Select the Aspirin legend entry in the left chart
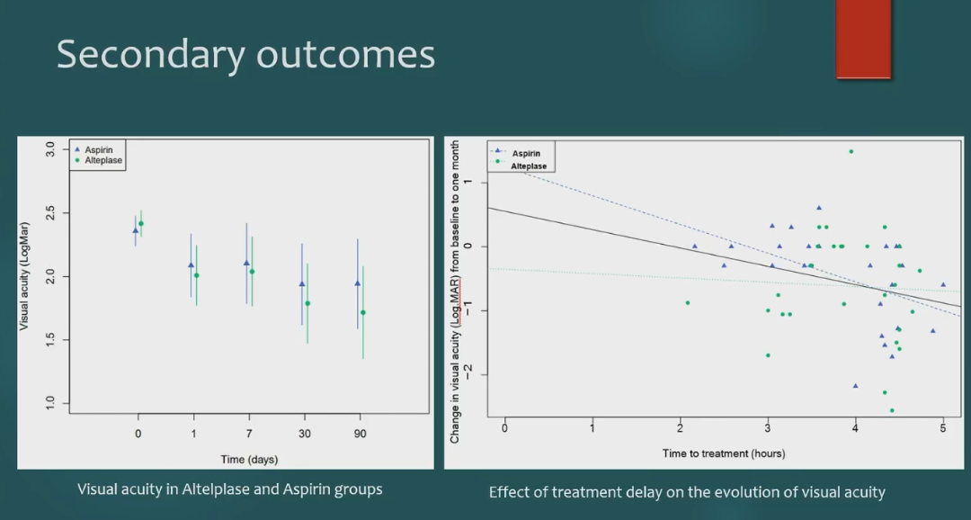coord(99,149)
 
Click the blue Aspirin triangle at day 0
coord(136,230)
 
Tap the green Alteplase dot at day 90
coord(363,313)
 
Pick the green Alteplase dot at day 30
coord(307,303)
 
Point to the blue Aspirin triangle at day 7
coord(246,263)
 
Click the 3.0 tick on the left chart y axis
coord(51,150)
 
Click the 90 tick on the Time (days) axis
coord(360,433)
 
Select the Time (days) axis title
coord(249,460)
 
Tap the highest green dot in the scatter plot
coord(851,151)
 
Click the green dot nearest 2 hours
coord(688,302)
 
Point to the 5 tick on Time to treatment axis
coord(943,428)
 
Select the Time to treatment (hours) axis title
coord(724,453)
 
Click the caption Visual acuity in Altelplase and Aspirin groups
coord(230,489)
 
